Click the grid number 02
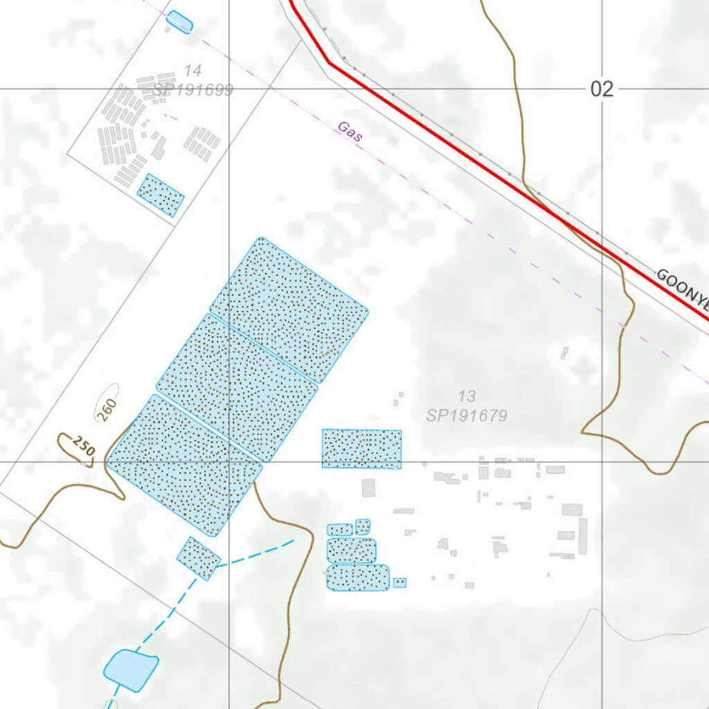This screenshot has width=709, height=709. pos(602,89)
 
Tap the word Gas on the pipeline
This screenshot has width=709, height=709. pos(350,132)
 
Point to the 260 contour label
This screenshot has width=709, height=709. pos(107,409)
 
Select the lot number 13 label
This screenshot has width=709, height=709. pos(467,396)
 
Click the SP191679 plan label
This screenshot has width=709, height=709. pos(467,415)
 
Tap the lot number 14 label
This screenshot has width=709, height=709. pos(192,70)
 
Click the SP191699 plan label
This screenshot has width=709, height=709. pos(192,90)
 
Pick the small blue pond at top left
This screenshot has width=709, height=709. pos(179,21)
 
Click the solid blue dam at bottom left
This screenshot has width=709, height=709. pos(130,670)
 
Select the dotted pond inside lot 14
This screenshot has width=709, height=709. pos(161,195)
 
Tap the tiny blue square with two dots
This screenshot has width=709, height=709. pos(400,583)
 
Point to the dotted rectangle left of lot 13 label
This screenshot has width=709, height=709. pos(361,448)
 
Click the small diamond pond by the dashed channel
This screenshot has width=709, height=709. pos(199,558)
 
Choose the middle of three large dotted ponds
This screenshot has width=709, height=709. pos(237,386)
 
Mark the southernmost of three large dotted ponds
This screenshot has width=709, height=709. pos(185,464)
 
